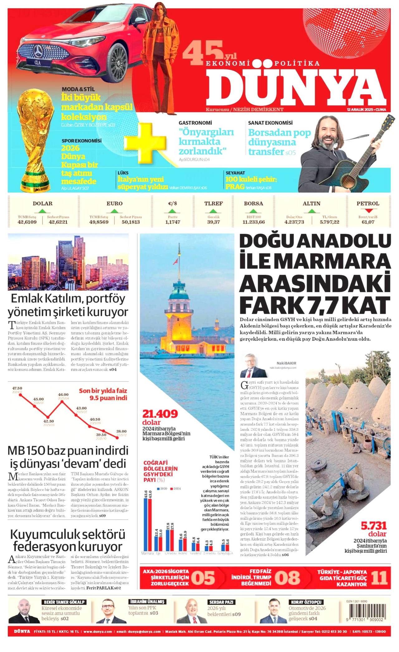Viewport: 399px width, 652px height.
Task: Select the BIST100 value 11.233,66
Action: (x=253, y=222)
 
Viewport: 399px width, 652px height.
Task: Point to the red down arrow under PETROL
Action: (x=368, y=211)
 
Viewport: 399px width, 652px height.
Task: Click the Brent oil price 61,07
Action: (x=368, y=222)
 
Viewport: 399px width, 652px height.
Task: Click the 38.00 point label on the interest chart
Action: (x=122, y=431)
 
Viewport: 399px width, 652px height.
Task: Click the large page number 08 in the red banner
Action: (x=287, y=578)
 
